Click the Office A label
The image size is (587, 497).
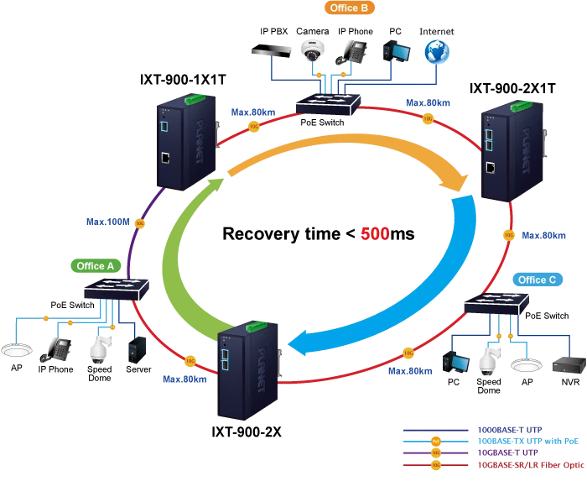pyautogui.click(x=95, y=266)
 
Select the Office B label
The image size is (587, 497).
pyautogui.click(x=349, y=8)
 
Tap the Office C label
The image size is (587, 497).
pyautogui.click(x=537, y=280)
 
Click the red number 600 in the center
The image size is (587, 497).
pyautogui.click(x=375, y=234)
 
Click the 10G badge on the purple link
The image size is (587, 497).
pyautogui.click(x=140, y=224)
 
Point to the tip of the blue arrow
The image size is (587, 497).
pyautogui.click(x=288, y=344)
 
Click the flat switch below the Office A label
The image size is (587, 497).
pyautogui.click(x=117, y=290)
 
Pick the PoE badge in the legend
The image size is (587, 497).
pyautogui.click(x=435, y=439)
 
